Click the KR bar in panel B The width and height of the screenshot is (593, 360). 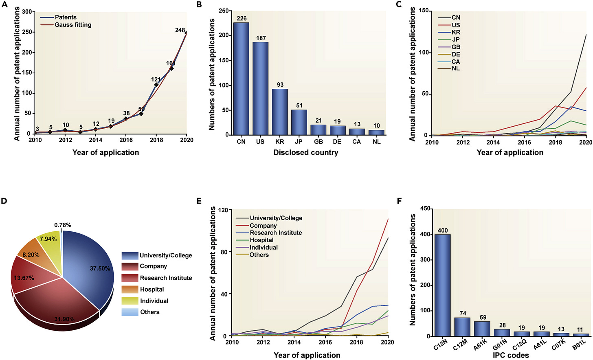[280, 112]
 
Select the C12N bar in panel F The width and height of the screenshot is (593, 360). [442, 285]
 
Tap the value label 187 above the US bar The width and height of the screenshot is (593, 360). [261, 38]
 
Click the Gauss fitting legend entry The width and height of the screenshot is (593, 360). [73, 25]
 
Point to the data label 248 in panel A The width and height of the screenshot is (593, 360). [180, 30]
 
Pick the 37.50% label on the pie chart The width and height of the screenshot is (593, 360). [100, 268]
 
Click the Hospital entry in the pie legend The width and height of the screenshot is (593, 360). [152, 289]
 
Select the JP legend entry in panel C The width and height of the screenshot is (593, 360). [456, 40]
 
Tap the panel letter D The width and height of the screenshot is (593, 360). [4, 200]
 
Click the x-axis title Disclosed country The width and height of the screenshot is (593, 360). [305, 152]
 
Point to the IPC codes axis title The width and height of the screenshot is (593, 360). [511, 355]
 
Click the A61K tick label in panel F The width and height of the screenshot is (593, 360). [480, 345]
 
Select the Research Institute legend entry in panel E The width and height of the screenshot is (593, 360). [276, 233]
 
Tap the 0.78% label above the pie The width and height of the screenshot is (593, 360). [63, 225]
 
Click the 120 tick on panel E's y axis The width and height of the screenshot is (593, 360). [222, 210]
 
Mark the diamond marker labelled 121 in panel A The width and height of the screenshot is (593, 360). [156, 85]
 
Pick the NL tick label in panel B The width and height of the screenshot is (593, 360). [376, 142]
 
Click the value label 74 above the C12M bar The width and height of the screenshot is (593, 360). [463, 313]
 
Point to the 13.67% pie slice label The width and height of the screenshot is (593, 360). [24, 278]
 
